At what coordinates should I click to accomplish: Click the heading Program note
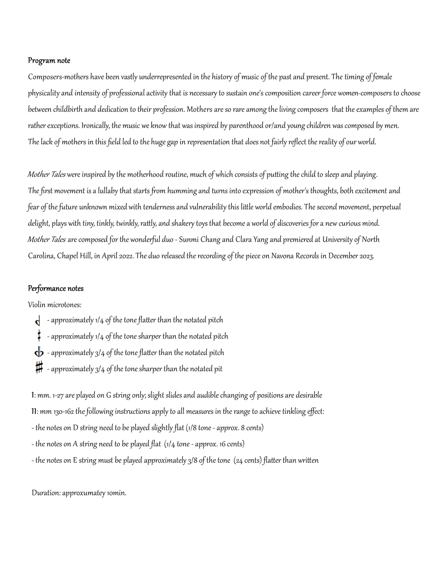tap(49, 61)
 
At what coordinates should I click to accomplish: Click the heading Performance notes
tap(55, 289)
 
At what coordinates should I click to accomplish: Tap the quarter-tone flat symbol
tap(38, 320)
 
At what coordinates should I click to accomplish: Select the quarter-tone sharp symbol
tap(39, 336)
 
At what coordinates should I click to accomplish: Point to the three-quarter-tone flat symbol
tap(39, 353)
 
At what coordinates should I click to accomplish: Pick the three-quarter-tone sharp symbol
tap(39, 368)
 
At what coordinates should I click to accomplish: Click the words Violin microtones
tap(54, 305)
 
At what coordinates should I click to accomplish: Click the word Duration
tap(46, 493)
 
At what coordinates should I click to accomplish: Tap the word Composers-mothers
tap(58, 77)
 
